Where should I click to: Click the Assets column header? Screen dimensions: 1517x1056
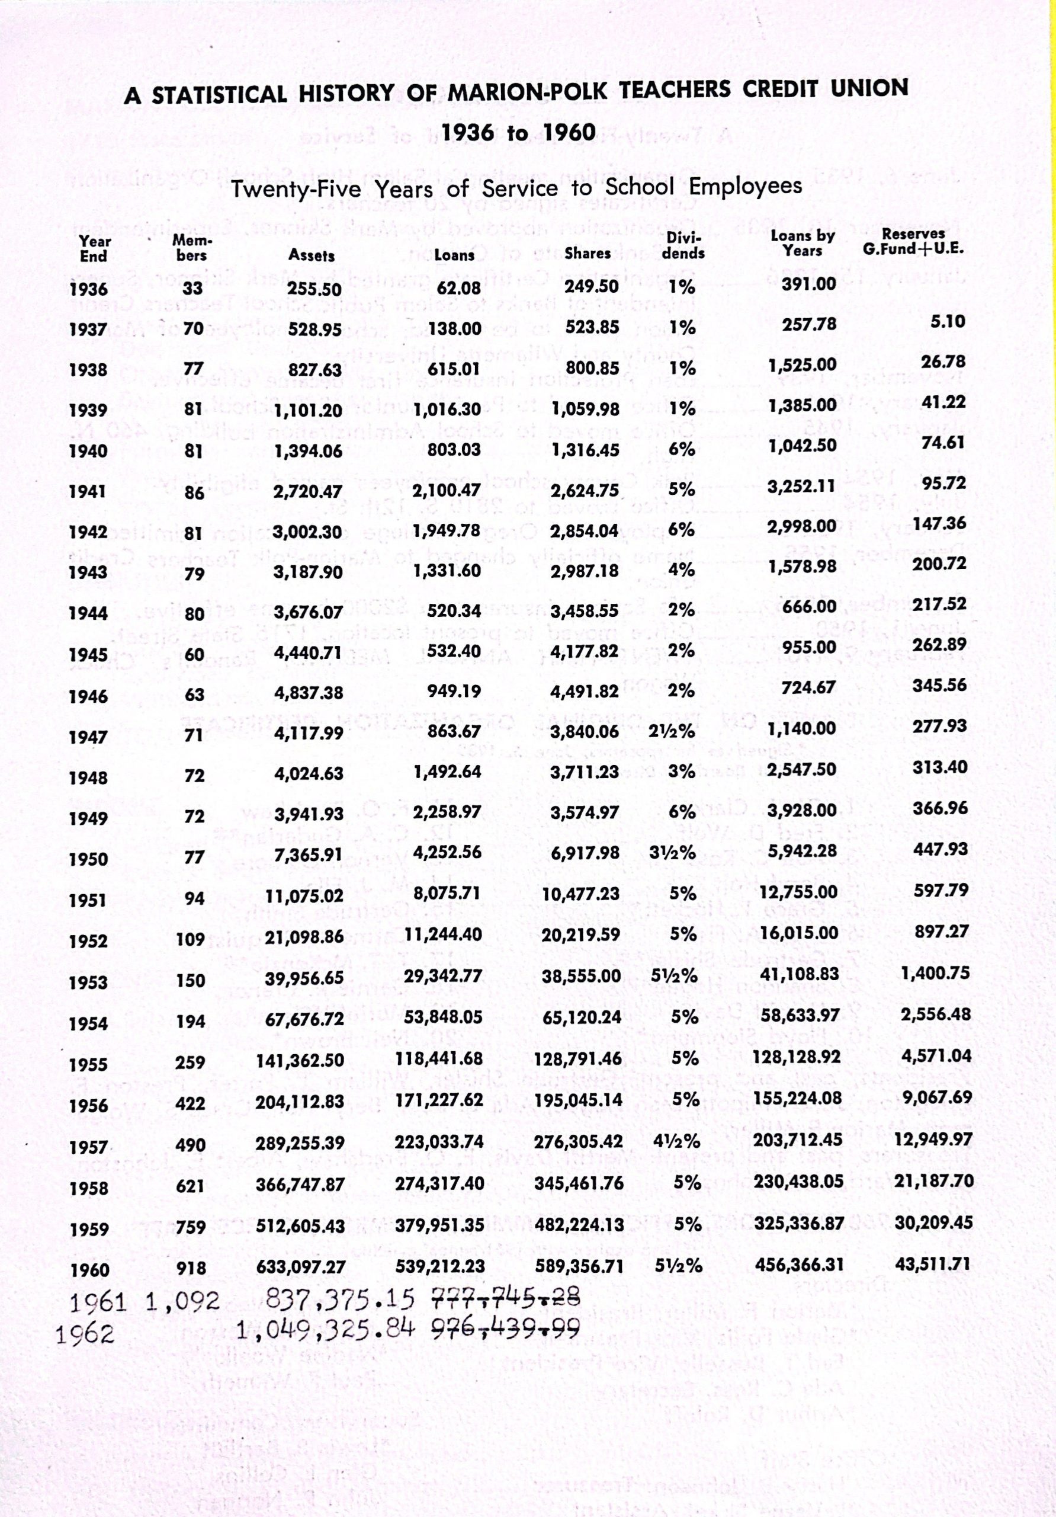[311, 255]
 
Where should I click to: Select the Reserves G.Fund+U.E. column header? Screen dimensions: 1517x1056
[913, 242]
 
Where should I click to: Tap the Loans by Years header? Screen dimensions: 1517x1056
[803, 243]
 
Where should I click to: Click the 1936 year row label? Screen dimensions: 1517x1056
[88, 289]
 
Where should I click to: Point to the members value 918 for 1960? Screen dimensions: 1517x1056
[191, 1268]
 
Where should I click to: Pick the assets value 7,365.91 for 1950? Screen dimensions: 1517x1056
[309, 855]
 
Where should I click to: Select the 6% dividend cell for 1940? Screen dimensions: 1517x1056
[682, 449]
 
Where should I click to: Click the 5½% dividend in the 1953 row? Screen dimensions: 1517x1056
[673, 975]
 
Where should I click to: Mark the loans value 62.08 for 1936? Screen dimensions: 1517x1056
[459, 288]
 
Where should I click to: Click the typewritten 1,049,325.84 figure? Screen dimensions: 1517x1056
[326, 1327]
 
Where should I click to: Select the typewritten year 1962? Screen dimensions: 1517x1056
[85, 1333]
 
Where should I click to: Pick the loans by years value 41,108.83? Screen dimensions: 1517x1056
[799, 974]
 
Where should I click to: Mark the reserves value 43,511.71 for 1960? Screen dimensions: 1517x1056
[932, 1263]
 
